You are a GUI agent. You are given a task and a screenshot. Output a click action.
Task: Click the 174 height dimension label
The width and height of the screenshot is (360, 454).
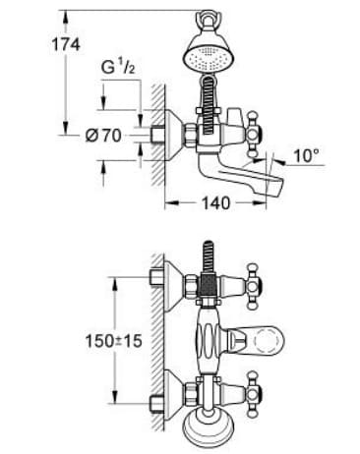(36, 44)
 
